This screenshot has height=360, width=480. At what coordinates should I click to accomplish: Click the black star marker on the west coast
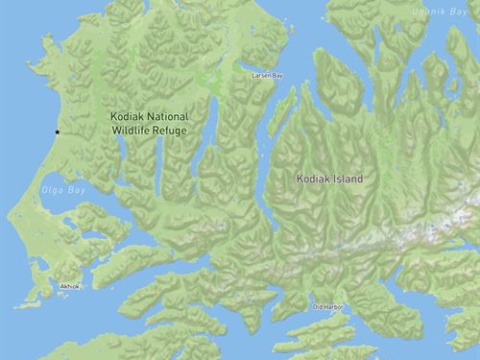pos(57,132)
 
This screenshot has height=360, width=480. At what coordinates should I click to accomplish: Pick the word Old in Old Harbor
pos(319,307)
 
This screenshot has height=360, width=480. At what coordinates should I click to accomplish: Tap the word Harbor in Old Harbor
pos(335,307)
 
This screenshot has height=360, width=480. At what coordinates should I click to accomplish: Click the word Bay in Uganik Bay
pos(468,10)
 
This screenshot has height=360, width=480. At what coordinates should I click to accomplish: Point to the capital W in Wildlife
pos(114,129)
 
